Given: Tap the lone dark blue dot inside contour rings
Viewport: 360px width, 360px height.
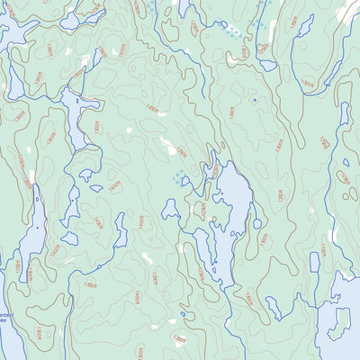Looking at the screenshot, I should (255, 99).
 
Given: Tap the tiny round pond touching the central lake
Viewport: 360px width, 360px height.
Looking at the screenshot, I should (257, 223).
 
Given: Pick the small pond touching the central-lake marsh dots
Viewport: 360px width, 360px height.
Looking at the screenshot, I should (185, 181).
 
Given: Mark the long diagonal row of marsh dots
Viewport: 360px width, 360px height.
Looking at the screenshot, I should (232, 32).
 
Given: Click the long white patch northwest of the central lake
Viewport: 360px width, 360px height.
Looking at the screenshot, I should (167, 145).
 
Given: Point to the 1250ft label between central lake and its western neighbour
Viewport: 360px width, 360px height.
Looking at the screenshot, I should (202, 213).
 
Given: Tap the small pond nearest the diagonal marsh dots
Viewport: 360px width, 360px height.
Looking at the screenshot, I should (268, 65).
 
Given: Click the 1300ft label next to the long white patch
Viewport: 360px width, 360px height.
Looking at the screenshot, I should (181, 152).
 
